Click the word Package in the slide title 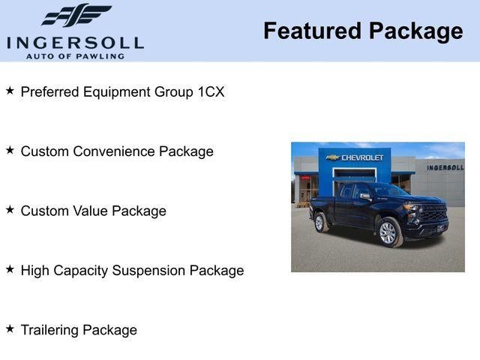(x=415, y=31)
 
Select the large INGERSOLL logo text (x=75, y=42)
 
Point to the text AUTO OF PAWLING (x=75, y=56)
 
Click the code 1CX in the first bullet (x=211, y=92)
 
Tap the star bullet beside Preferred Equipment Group (x=10, y=91)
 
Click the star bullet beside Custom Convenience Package (x=10, y=150)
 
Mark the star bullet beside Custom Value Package (x=10, y=209)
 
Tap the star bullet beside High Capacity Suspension (x=10, y=268)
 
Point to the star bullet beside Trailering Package (x=10, y=328)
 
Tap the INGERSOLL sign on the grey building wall (x=445, y=167)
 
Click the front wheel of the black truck (x=388, y=232)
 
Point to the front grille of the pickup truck (x=434, y=213)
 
